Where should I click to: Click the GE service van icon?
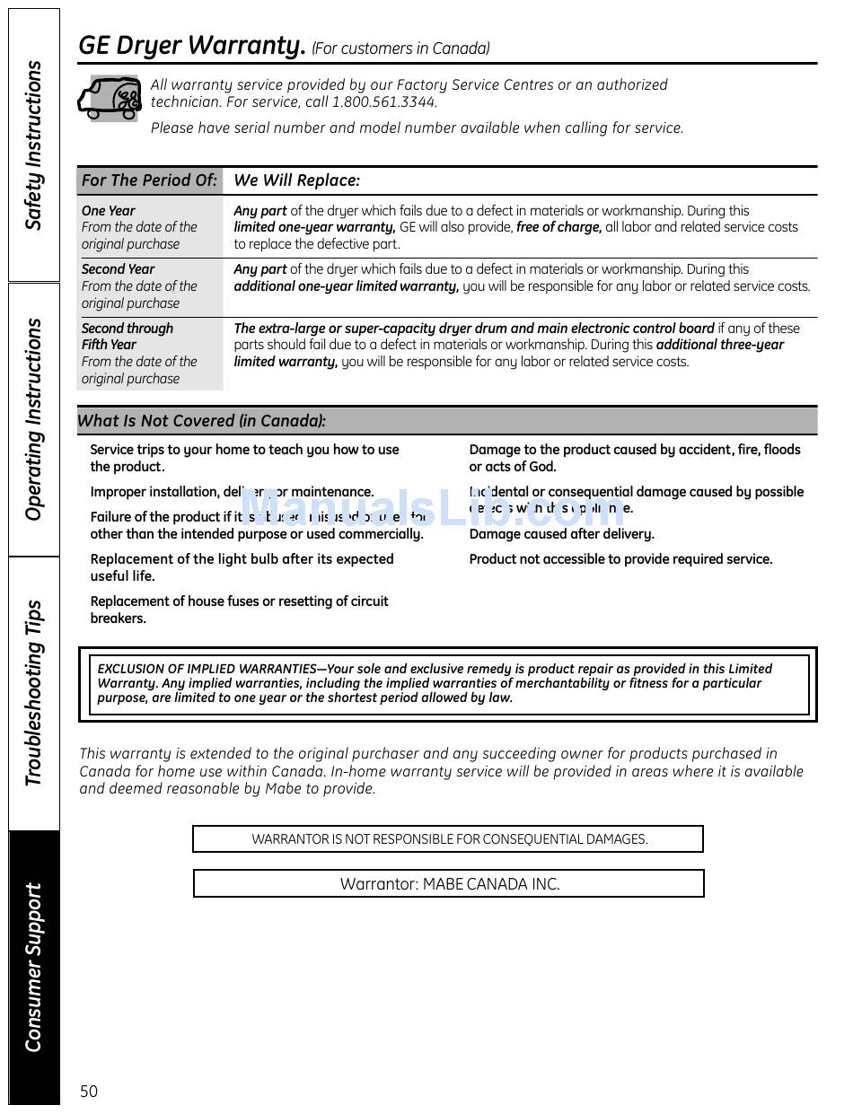[110, 98]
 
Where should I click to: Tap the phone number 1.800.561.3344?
[384, 102]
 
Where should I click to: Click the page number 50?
[88, 1092]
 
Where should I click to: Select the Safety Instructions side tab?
[34, 145]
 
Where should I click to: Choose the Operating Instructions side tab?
[34, 419]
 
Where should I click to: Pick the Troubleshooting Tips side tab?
[34, 693]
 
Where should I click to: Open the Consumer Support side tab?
[34, 967]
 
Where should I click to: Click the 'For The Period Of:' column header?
[149, 180]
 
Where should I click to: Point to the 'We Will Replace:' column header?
[296, 180]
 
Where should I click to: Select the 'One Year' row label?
[109, 211]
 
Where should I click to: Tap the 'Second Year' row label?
[118, 269]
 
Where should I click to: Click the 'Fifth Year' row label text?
[109, 345]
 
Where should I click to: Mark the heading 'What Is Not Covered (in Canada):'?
[202, 420]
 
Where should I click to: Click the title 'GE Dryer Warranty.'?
[192, 46]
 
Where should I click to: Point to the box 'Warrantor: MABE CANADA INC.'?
[449, 883]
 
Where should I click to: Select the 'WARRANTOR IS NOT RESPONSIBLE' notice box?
[448, 839]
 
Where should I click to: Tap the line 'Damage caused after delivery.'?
[561, 534]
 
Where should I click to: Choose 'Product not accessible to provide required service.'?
[620, 559]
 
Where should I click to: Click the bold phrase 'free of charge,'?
[558, 228]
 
